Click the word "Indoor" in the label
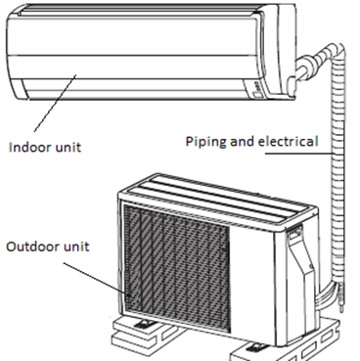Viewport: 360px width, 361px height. tap(29, 148)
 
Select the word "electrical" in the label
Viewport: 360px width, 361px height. tap(288, 142)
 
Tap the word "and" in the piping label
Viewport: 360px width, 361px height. tap(245, 142)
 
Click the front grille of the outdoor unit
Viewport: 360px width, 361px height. tap(176, 259)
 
